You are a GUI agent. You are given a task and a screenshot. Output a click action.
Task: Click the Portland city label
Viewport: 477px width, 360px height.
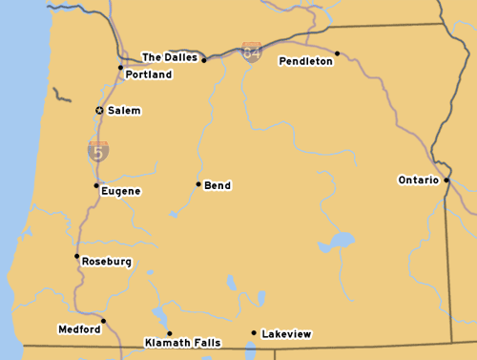tap(148, 74)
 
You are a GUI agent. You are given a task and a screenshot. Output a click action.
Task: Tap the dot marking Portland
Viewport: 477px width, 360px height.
tap(120, 67)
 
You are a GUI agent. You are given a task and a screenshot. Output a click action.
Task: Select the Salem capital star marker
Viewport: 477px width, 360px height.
tap(99, 111)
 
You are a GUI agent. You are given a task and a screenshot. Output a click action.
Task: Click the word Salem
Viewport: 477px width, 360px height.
tap(124, 111)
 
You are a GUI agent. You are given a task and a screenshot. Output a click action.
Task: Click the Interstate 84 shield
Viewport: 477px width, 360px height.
tap(252, 52)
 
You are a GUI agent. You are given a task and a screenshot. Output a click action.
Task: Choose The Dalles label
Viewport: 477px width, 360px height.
tap(170, 57)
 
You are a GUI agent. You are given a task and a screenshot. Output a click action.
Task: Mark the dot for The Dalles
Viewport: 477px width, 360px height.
tap(204, 60)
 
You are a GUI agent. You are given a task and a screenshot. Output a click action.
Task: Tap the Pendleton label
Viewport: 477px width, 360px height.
tap(305, 61)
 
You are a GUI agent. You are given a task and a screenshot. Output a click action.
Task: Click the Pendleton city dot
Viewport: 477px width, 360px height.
tap(337, 53)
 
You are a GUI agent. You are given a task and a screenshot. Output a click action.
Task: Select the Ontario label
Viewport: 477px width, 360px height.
tap(418, 180)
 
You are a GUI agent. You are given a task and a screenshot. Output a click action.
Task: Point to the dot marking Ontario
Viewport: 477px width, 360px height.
tap(446, 179)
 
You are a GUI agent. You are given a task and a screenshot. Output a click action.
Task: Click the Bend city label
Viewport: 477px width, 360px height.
tap(218, 185)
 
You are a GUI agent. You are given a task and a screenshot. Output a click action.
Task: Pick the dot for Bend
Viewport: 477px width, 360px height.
tap(198, 184)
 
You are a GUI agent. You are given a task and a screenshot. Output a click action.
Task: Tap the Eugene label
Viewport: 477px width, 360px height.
tap(120, 191)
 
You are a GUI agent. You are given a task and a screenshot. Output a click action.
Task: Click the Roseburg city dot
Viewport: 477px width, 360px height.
tap(76, 256)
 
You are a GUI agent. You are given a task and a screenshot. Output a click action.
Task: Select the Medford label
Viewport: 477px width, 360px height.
tap(79, 329)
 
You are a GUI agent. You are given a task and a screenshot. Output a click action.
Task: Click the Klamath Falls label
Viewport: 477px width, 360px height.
tap(182, 342)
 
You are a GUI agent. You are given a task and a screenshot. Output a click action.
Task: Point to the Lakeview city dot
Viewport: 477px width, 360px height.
tap(253, 333)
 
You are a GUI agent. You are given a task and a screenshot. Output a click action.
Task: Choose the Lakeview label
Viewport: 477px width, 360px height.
tap(286, 334)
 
